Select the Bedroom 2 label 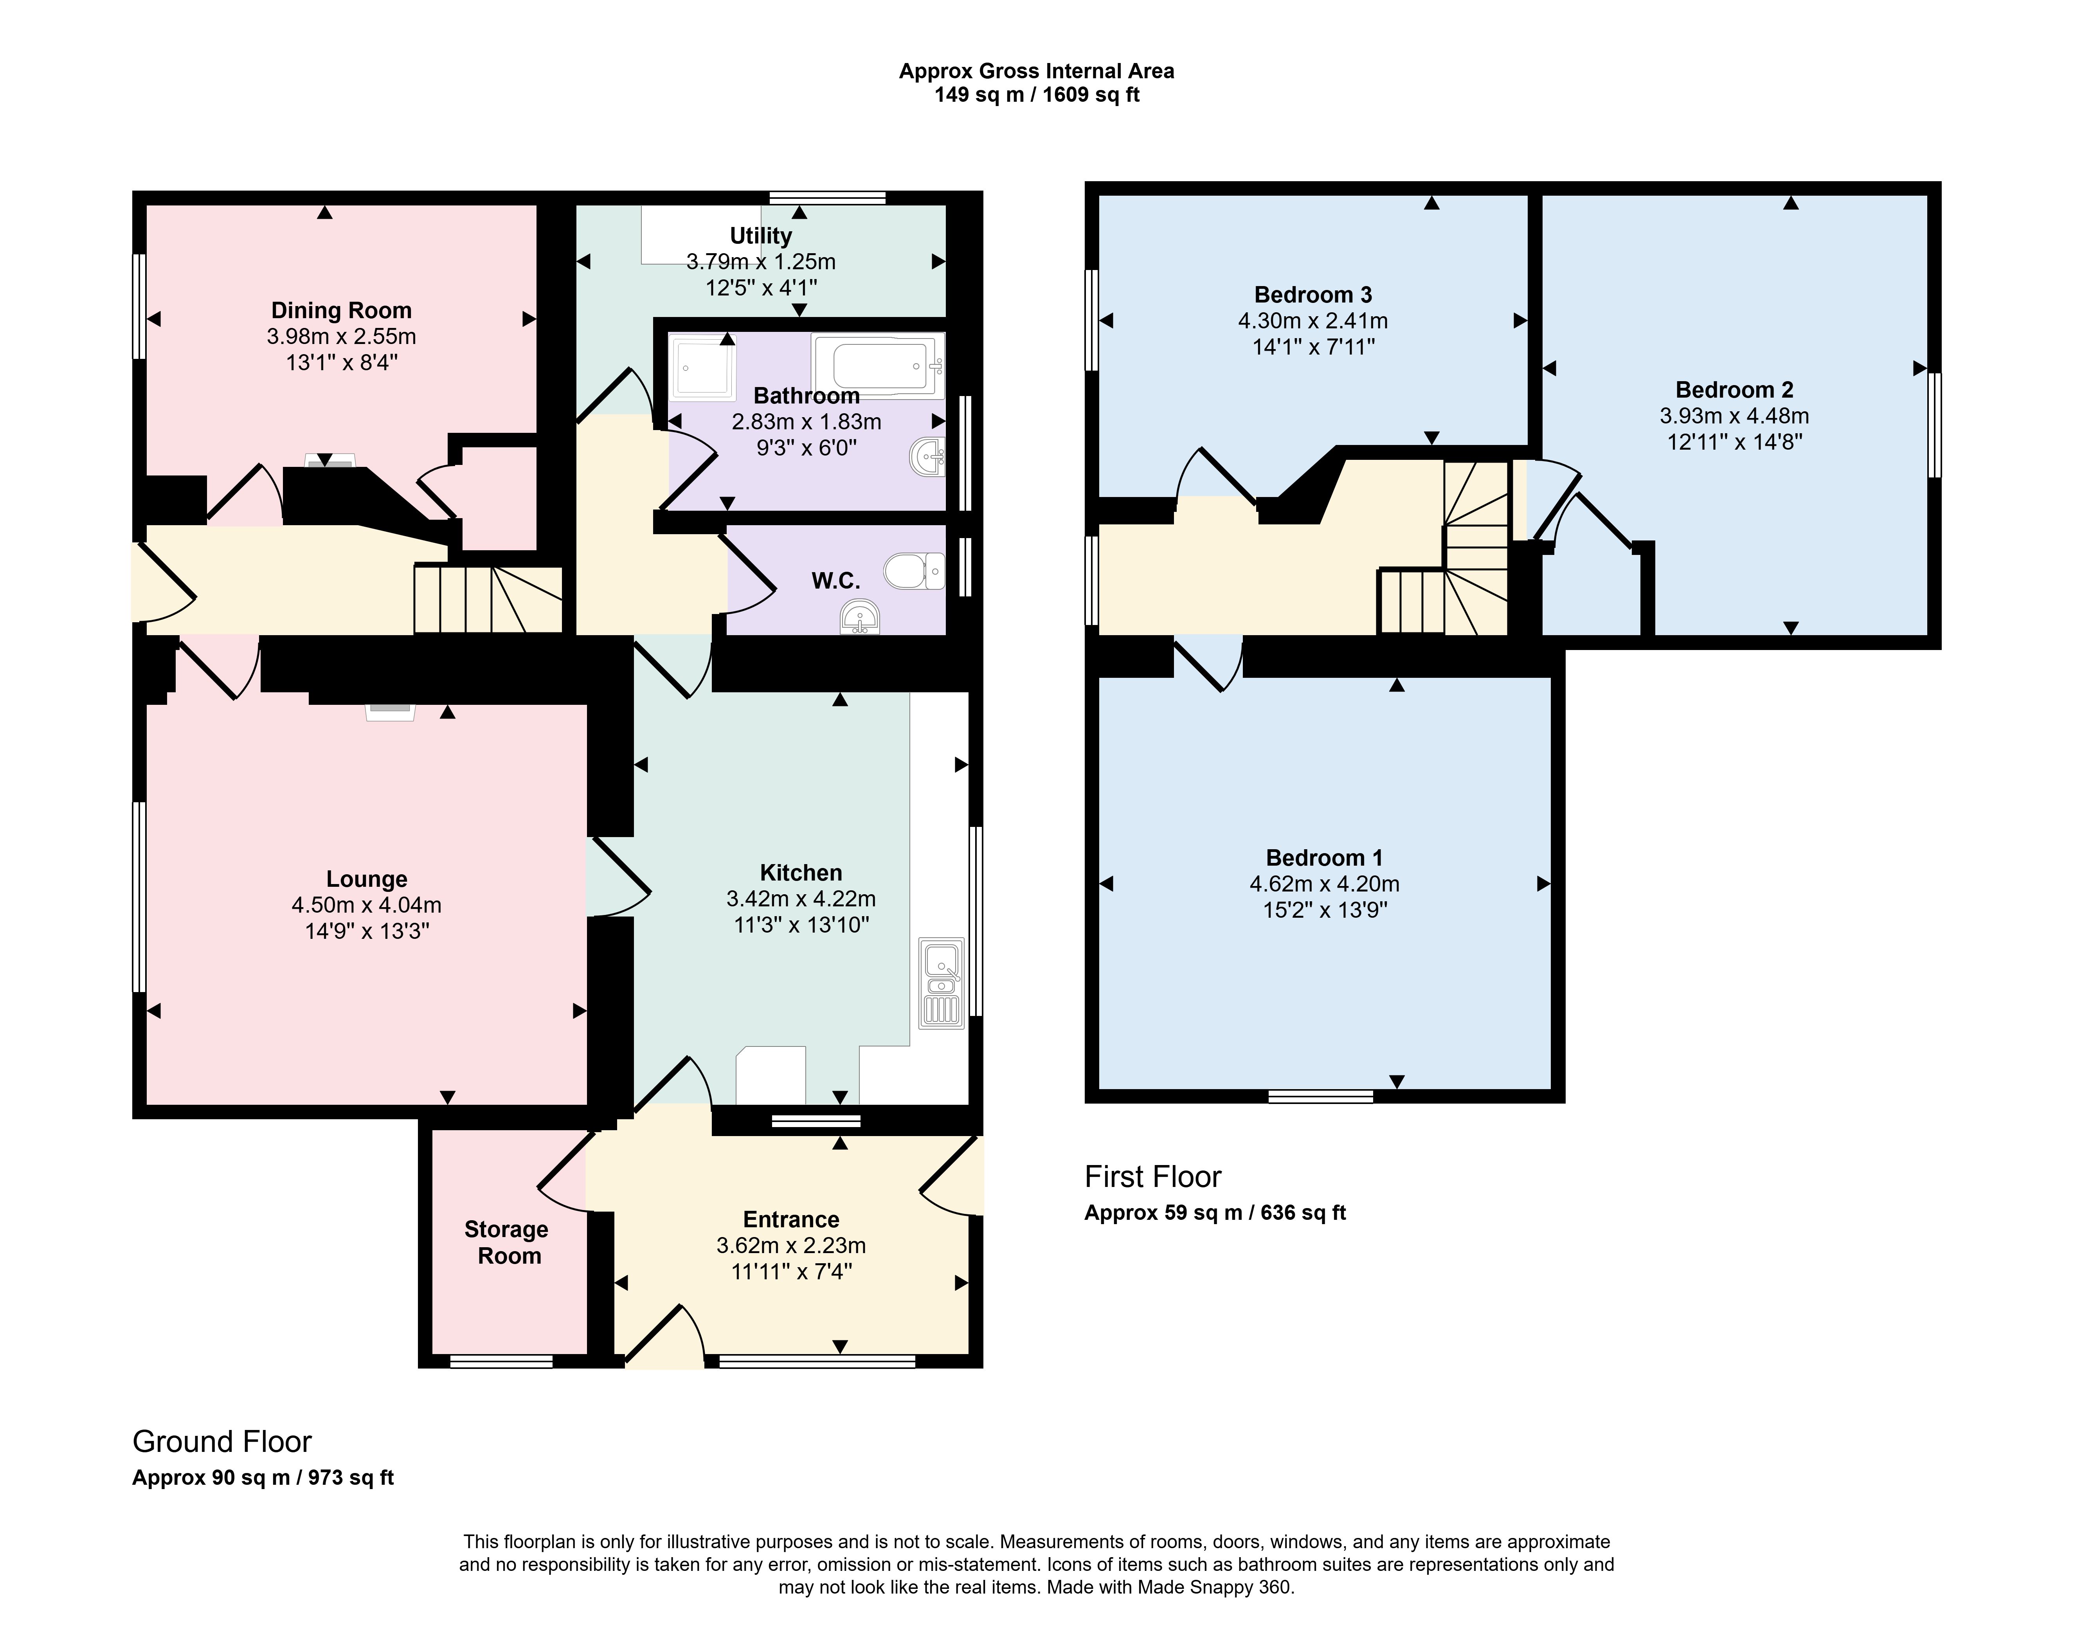[x=1735, y=390]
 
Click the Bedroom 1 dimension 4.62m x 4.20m [x=1325, y=884]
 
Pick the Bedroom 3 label [x=1313, y=295]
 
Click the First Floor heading [x=1153, y=1177]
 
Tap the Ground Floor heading [x=222, y=1441]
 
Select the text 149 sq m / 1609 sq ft [x=1037, y=95]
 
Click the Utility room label [x=761, y=236]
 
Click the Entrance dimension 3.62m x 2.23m [x=791, y=1245]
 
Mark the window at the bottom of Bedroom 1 [x=1321, y=1096]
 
